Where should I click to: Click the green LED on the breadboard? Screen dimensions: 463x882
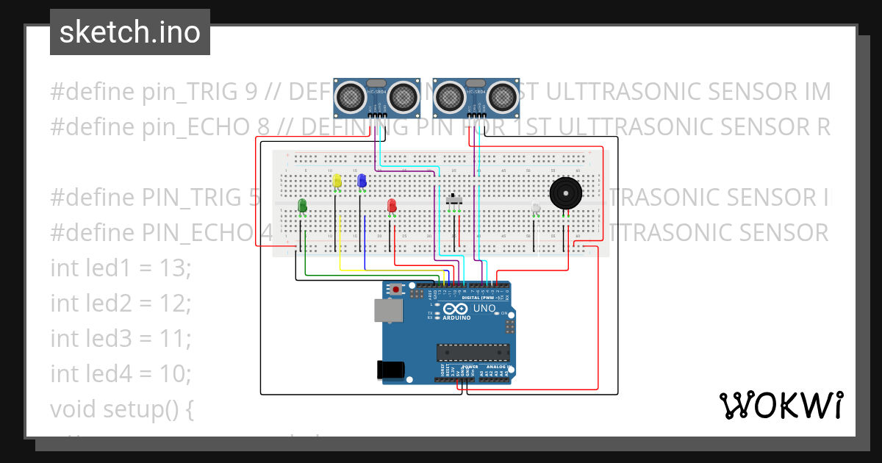[302, 206]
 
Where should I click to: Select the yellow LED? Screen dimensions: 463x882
[337, 181]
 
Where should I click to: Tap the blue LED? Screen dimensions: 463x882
[362, 181]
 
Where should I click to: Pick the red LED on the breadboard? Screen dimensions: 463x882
[392, 206]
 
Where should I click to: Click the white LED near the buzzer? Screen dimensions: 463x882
[536, 209]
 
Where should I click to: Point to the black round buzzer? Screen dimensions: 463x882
[564, 193]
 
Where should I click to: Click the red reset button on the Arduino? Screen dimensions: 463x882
[397, 290]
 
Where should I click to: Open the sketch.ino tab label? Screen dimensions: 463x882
[129, 32]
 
